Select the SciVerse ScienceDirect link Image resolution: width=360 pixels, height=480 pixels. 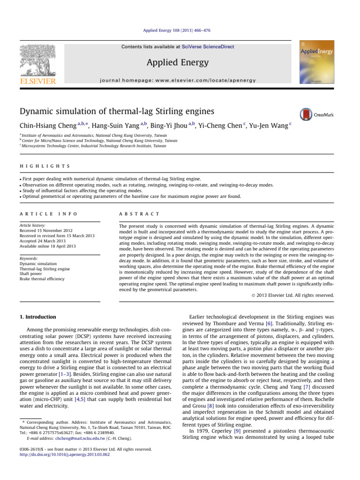coord(209,47)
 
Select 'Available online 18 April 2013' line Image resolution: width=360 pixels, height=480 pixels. coord(48,246)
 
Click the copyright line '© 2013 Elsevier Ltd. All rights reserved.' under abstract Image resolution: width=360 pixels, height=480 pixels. coord(289,295)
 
